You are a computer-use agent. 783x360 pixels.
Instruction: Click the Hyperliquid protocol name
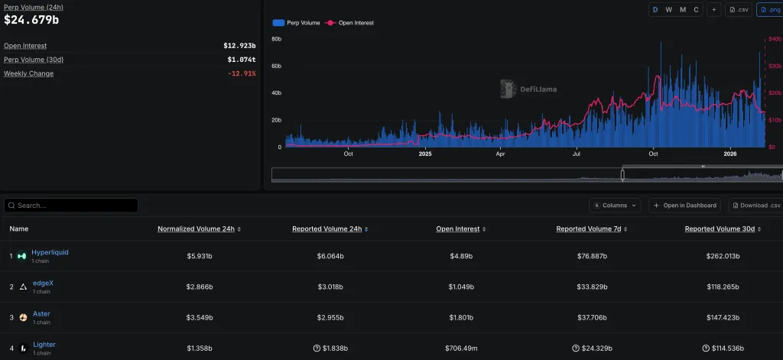point(50,252)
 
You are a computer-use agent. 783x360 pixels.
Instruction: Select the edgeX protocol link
point(43,283)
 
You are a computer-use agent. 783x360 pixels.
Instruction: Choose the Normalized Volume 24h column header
point(196,229)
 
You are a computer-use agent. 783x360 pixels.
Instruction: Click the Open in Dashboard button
point(684,206)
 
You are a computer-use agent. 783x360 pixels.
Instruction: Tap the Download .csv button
point(755,206)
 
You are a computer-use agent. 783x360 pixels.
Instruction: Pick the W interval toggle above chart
point(669,9)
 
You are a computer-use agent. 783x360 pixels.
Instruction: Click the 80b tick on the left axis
point(277,38)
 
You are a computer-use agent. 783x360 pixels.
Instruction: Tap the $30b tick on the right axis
point(775,66)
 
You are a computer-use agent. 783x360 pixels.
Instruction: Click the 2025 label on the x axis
point(426,154)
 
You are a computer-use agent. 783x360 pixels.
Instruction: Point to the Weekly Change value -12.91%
point(242,73)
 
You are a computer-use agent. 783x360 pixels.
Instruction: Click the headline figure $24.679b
point(31,20)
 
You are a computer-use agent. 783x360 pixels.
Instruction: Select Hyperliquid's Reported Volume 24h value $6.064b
point(330,256)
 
